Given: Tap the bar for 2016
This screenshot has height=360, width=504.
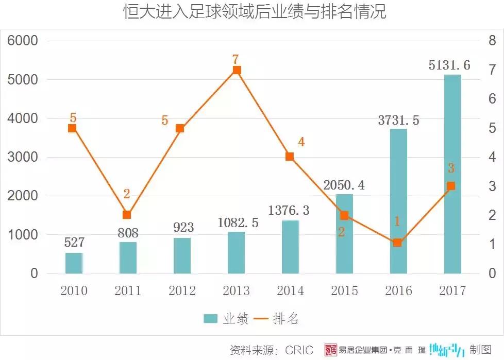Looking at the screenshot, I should click(398, 201).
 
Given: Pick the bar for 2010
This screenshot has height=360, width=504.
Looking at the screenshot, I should click(74, 263).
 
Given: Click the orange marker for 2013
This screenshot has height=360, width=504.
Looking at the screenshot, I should click(237, 70).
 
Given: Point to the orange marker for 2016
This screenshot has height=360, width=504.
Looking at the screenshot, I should click(397, 242).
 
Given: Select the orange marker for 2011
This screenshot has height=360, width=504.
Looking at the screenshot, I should click(127, 215).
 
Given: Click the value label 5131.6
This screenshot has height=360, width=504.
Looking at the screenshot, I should click(449, 65).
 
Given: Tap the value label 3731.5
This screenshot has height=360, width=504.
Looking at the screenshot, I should click(398, 121).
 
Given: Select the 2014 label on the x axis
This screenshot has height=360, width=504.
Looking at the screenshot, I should click(290, 291).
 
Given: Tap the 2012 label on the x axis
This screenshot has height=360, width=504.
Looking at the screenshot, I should click(182, 291).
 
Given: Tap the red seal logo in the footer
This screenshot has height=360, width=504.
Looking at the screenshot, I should click(330, 350).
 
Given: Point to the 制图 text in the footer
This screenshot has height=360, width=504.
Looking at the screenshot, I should click(480, 350).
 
